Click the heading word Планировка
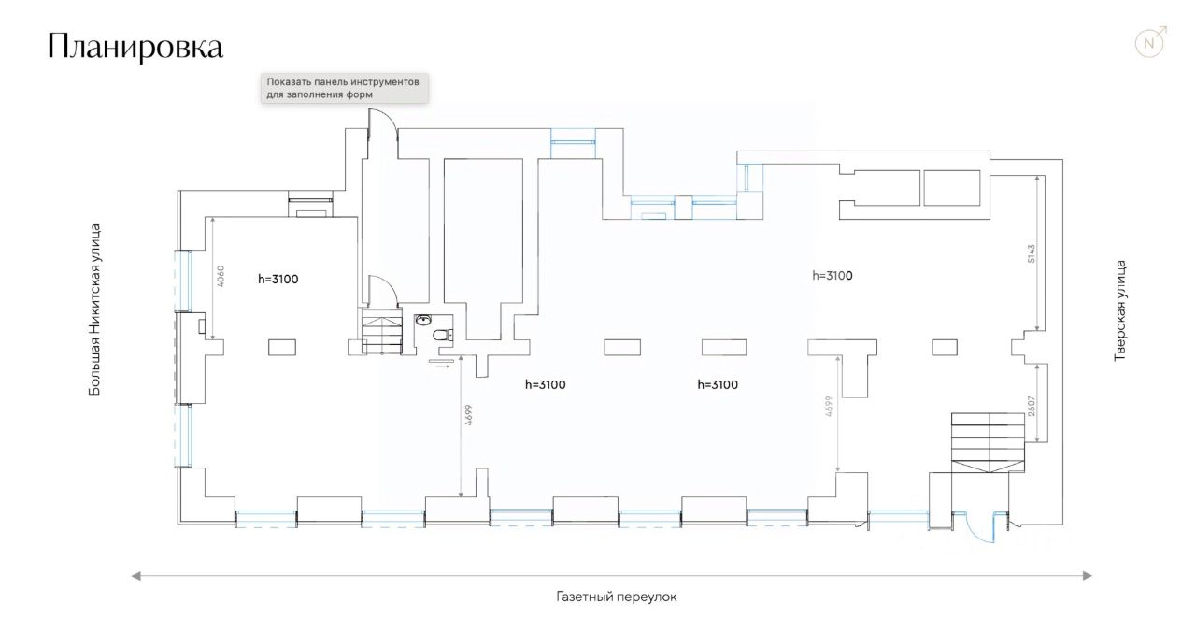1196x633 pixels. [135, 48]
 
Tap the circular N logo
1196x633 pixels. [1150, 43]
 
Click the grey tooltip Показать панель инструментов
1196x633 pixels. [343, 88]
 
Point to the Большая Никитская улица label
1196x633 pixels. [94, 308]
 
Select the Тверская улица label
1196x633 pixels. [1119, 310]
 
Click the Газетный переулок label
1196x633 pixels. [615, 597]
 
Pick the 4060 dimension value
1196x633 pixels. [221, 277]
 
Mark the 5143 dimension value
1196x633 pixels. [1032, 254]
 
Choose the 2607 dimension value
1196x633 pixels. [1032, 406]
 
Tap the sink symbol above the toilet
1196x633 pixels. [423, 320]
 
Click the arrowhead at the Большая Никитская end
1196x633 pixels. [136, 576]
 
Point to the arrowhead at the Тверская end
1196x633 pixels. [1088, 576]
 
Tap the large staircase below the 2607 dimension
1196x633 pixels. [989, 442]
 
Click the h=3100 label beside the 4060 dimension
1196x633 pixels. [278, 279]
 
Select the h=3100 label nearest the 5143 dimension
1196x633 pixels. [832, 276]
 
